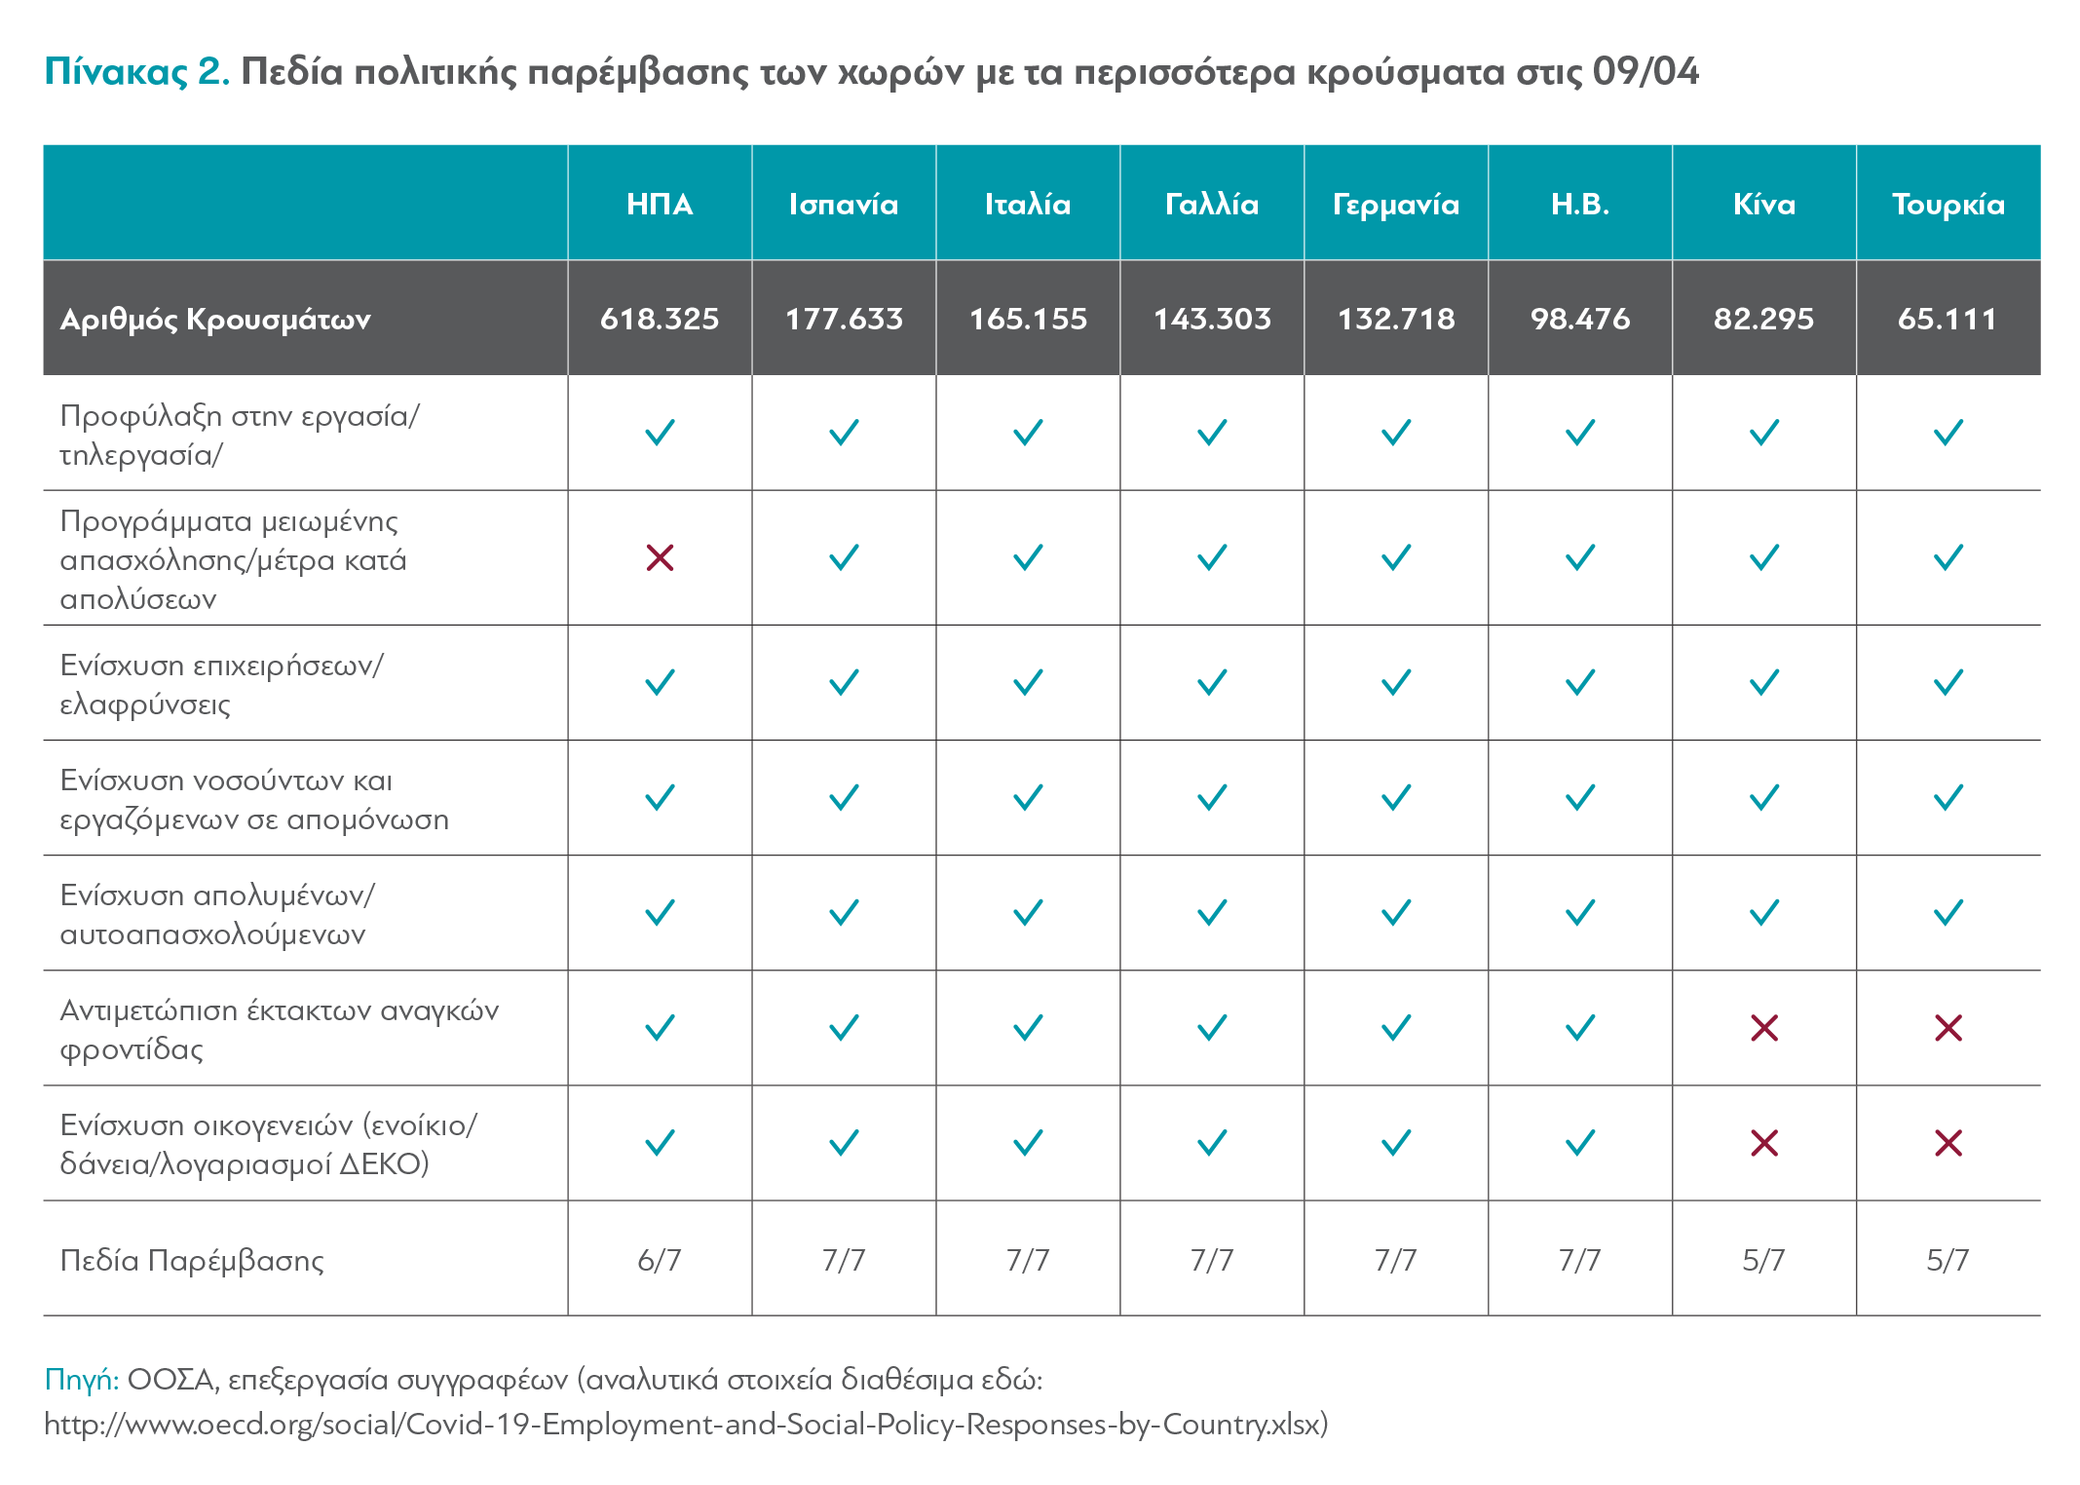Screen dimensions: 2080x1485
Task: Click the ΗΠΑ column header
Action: tap(660, 204)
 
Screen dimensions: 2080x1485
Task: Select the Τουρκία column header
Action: tap(1948, 204)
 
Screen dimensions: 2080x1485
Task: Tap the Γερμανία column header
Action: tap(1396, 205)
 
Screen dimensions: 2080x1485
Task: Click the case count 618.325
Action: tap(660, 319)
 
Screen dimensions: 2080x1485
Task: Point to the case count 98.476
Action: tap(1580, 319)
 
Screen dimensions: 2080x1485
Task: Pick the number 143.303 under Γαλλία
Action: tap(1212, 319)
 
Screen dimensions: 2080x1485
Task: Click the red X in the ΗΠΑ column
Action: tap(660, 557)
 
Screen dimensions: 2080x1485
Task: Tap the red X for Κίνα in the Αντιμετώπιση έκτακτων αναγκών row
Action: tap(1764, 1027)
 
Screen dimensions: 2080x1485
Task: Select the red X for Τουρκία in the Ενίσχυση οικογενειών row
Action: tap(1948, 1142)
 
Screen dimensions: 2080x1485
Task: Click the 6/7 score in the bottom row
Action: tap(660, 1260)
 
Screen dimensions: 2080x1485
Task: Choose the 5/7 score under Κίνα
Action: tap(1764, 1260)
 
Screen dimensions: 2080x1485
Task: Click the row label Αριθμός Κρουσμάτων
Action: tap(215, 320)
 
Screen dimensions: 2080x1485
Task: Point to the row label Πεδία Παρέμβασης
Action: tap(192, 1261)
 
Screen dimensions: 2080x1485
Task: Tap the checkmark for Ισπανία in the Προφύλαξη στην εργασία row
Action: tap(844, 432)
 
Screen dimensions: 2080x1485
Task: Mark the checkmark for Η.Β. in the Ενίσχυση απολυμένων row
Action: tap(1580, 912)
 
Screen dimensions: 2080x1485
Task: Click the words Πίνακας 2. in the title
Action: tap(137, 72)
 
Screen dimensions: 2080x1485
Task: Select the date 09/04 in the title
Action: tap(1645, 71)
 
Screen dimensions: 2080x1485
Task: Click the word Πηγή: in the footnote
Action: tap(82, 1380)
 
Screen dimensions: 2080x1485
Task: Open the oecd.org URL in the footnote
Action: tap(686, 1425)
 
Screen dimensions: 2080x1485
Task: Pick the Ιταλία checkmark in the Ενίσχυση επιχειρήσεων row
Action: tap(1028, 682)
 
